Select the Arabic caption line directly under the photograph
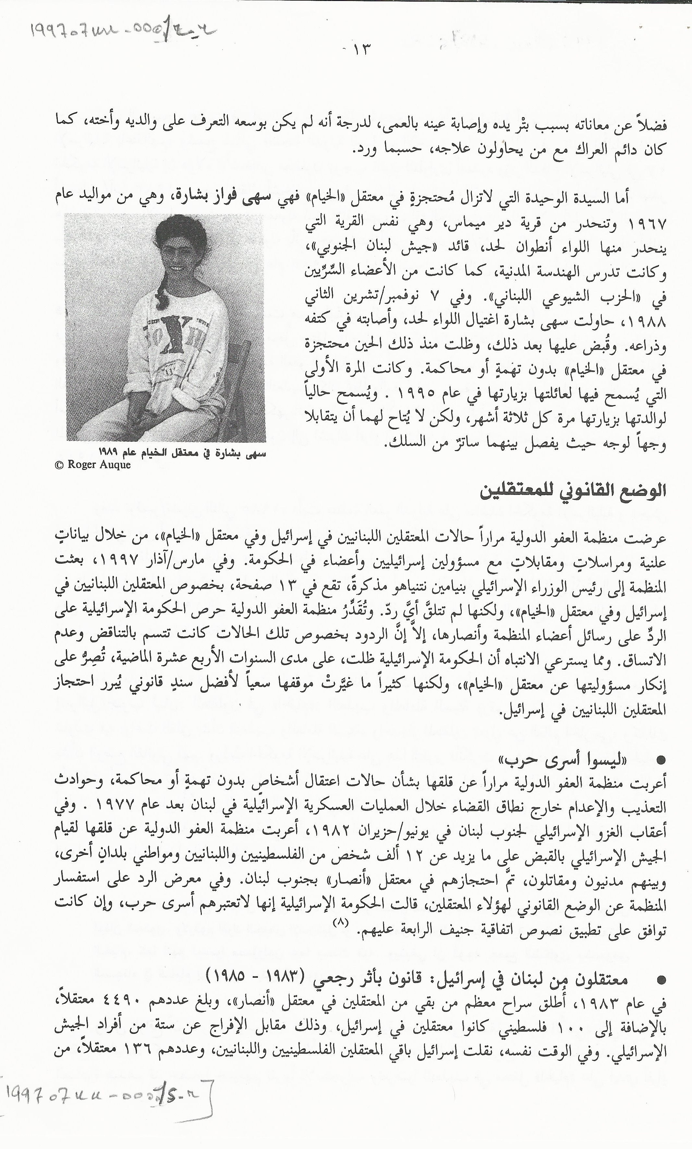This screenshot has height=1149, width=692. [182, 452]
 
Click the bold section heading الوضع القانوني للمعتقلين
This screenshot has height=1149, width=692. [572, 492]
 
